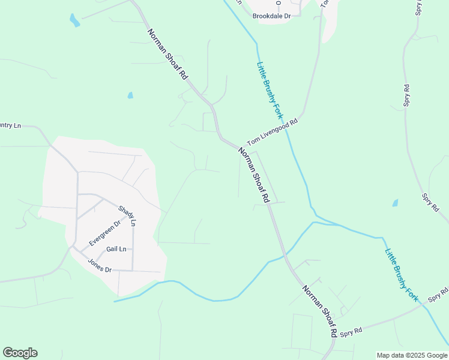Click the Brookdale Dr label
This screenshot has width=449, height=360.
point(271,16)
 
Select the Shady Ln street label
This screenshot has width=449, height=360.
point(127,215)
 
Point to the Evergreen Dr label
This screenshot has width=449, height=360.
point(105,232)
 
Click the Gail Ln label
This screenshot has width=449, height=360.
point(116,249)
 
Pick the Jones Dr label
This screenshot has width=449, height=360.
point(100,265)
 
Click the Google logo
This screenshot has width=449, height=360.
point(20,353)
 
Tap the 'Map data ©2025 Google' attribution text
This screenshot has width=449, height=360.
point(412,355)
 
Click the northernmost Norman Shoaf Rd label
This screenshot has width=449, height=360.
point(168,53)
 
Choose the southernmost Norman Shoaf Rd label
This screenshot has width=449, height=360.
point(319,311)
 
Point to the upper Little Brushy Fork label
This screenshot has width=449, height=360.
point(269,89)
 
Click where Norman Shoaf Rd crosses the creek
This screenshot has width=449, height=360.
point(284,253)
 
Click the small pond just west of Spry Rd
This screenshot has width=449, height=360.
point(395,203)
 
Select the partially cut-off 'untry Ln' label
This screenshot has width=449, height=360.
point(10,125)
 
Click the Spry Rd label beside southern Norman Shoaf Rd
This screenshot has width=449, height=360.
point(351,331)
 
